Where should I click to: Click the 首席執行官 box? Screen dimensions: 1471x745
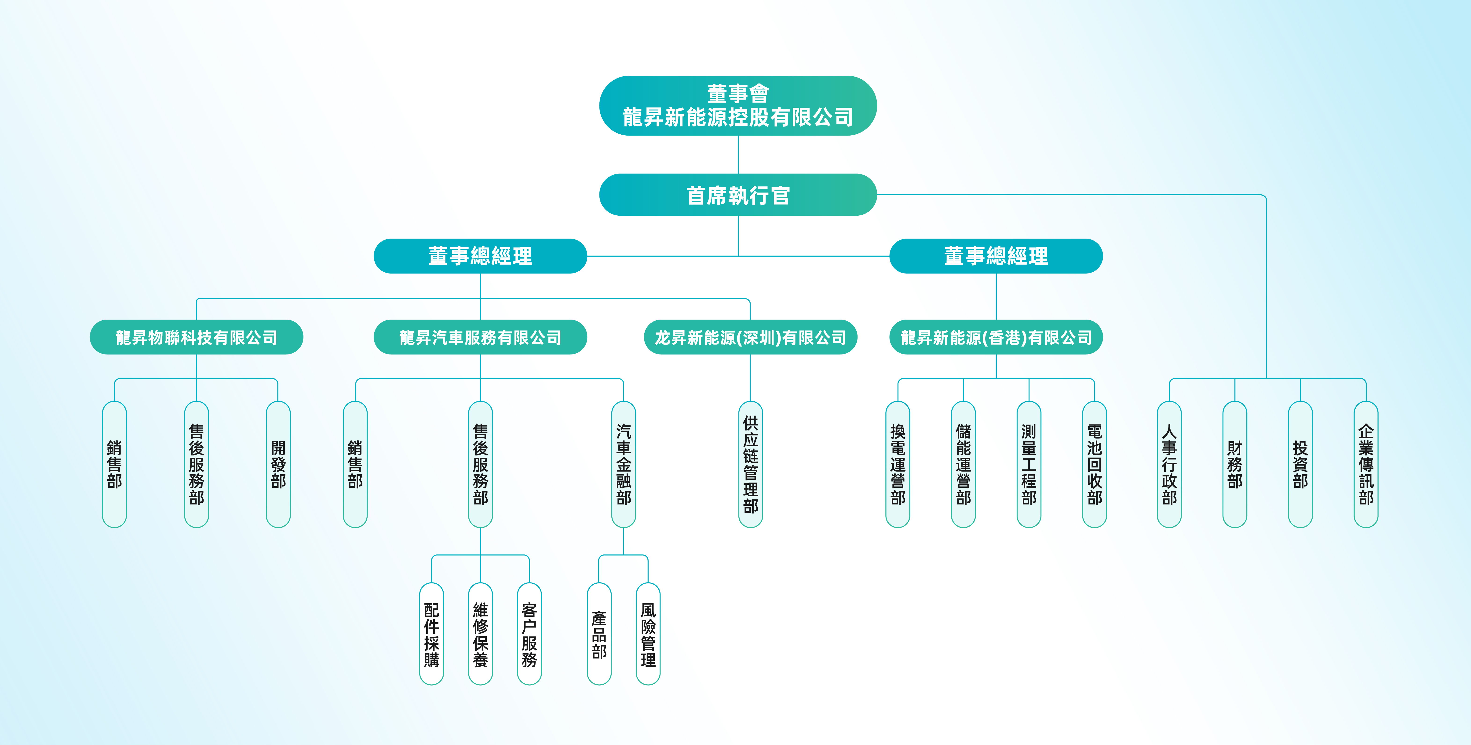[x=738, y=195]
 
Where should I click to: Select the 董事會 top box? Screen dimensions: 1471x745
[x=738, y=106]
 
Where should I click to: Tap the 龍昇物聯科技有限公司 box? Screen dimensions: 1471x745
[x=197, y=337]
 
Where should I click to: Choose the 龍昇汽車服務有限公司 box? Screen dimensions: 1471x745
[x=480, y=337]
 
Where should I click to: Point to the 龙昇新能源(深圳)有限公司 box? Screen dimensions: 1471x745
[x=750, y=337]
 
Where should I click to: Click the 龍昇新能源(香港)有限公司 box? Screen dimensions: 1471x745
[x=996, y=337]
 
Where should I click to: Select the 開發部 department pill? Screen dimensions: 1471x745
[x=278, y=464]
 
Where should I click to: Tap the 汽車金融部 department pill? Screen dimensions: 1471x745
[x=624, y=464]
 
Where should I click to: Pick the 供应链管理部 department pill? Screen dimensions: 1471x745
[x=750, y=464]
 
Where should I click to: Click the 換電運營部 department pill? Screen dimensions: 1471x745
[x=898, y=464]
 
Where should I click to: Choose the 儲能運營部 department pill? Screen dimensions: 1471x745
[x=963, y=464]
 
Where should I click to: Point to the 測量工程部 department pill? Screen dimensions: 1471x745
[x=1029, y=464]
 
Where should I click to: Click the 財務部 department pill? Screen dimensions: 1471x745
[x=1235, y=464]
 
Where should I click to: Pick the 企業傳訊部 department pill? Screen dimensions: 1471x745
[x=1366, y=464]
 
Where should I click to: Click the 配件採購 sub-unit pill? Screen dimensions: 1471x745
[x=432, y=634]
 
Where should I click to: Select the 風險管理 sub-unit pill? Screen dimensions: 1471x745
[x=648, y=634]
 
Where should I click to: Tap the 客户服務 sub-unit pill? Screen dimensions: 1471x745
[x=529, y=634]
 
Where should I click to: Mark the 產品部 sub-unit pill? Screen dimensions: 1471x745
[x=599, y=634]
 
